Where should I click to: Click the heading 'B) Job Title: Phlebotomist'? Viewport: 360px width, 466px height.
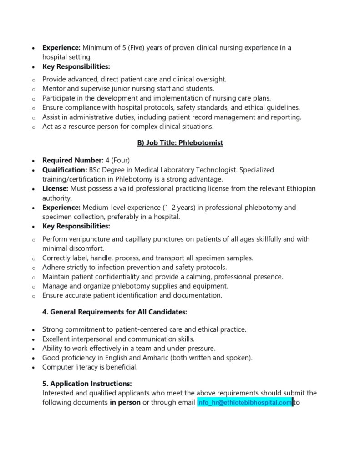(x=180, y=143)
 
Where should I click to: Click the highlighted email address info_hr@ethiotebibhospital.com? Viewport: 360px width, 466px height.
(x=244, y=403)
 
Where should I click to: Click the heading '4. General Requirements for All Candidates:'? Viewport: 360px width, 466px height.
(x=115, y=312)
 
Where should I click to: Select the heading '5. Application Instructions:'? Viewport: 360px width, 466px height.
(x=87, y=384)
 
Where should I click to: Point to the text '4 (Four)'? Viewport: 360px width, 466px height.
(x=118, y=160)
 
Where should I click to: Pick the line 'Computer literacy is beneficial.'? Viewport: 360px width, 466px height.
(x=90, y=367)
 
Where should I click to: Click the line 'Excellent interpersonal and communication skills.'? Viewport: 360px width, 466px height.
(x=118, y=339)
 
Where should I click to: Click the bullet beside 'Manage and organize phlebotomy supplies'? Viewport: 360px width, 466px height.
(x=33, y=287)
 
